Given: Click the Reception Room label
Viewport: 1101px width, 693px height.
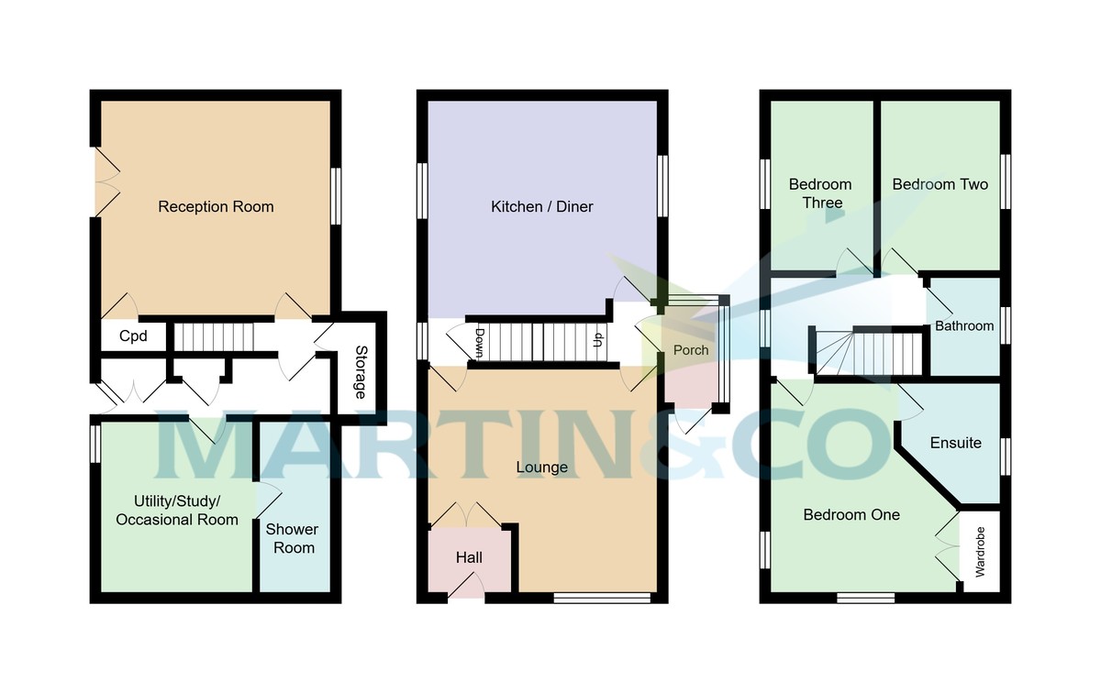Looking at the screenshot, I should pyautogui.click(x=216, y=207).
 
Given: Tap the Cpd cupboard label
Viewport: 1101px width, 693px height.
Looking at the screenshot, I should pyautogui.click(x=134, y=336).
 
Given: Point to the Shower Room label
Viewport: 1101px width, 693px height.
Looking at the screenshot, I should pyautogui.click(x=292, y=539).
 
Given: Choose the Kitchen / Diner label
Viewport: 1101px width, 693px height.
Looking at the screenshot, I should pyautogui.click(x=541, y=207).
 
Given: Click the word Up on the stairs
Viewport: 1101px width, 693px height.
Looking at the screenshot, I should pyautogui.click(x=598, y=342).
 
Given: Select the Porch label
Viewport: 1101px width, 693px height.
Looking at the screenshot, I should pyautogui.click(x=691, y=350).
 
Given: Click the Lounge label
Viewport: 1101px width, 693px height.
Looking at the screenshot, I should pyautogui.click(x=541, y=467).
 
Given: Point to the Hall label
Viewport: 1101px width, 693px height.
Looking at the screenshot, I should pyautogui.click(x=469, y=557).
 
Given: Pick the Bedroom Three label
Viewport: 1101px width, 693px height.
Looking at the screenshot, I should pyautogui.click(x=821, y=193).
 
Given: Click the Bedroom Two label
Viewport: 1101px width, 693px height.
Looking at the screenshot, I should pyautogui.click(x=940, y=184).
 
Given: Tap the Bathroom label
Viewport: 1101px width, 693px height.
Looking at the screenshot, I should pyautogui.click(x=964, y=326).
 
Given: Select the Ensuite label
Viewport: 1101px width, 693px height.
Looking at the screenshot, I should pyautogui.click(x=956, y=443).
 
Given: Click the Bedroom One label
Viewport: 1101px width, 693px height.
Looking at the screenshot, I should pyautogui.click(x=851, y=515).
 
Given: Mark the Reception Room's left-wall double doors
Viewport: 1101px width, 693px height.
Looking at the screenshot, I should pyautogui.click(x=106, y=183).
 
